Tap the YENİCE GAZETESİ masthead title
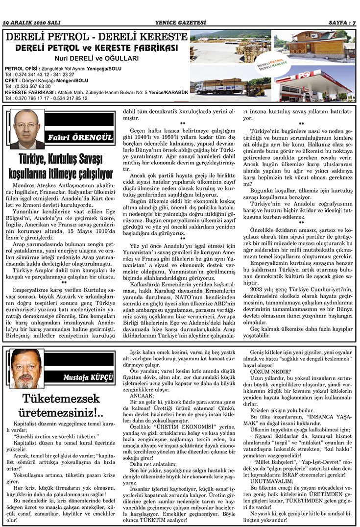coord(180,22)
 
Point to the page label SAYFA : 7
coord(341,22)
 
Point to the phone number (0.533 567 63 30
coord(28,86)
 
